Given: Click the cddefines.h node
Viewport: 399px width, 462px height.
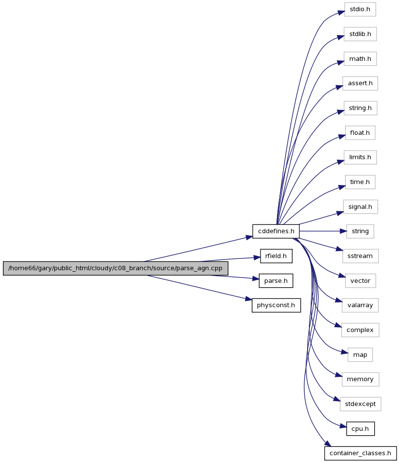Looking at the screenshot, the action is click(276, 231).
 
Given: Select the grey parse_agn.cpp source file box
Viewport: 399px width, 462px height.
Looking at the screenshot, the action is click(116, 268).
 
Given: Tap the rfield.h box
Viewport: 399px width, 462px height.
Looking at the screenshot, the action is click(276, 256).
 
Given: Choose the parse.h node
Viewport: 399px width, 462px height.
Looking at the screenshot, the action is click(276, 281).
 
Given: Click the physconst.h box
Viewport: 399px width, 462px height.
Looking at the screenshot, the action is click(276, 305).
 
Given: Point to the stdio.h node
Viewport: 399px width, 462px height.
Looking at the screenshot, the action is click(360, 9).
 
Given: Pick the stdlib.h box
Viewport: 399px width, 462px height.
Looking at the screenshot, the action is click(360, 34).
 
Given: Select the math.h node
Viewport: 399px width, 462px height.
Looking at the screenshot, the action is click(360, 59).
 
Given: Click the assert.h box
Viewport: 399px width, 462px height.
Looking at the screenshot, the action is click(360, 83).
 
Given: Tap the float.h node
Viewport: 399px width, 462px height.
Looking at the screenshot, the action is click(360, 133).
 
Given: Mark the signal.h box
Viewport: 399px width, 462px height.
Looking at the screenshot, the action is click(360, 207).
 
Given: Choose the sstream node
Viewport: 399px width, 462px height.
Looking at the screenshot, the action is click(360, 256).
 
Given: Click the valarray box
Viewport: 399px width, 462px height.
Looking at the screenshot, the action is click(360, 305).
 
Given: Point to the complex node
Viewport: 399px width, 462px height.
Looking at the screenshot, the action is click(360, 330).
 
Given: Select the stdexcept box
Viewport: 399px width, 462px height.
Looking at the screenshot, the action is click(361, 404).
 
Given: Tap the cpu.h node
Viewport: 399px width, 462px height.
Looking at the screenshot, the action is click(360, 429).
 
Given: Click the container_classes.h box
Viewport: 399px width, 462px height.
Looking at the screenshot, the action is click(361, 453).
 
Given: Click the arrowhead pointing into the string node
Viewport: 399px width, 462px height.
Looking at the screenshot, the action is click(344, 231).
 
